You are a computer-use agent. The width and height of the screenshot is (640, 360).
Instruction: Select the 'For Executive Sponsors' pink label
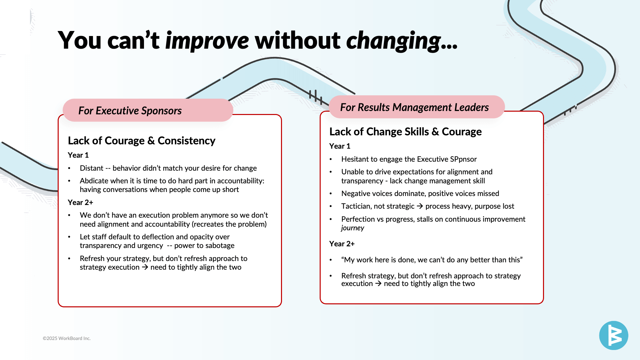coord(148,110)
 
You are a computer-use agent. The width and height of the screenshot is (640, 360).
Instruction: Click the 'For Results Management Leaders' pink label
coord(417,107)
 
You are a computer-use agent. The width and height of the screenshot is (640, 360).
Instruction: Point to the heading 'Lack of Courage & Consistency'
coord(142,141)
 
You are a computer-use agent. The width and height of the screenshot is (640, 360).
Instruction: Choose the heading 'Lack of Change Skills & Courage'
coord(405,132)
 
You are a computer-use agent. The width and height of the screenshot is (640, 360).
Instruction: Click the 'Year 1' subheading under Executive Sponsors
coord(78,155)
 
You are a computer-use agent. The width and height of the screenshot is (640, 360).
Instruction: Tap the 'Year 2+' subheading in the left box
coord(80,202)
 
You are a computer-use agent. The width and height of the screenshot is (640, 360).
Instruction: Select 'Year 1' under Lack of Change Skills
coord(340,146)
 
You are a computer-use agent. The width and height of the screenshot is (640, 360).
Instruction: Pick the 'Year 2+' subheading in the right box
coord(342,244)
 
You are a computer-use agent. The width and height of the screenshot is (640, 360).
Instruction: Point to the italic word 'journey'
coord(353,228)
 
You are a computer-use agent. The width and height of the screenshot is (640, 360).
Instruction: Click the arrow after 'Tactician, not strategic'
coord(420,206)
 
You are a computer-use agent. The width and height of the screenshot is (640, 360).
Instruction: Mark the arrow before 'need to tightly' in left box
coord(145,267)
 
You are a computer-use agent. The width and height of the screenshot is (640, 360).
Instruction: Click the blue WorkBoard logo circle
coord(614,335)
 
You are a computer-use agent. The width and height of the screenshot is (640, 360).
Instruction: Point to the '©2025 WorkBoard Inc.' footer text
coord(67,338)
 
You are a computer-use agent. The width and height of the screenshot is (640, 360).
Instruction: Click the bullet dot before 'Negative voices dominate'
coord(331,194)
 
